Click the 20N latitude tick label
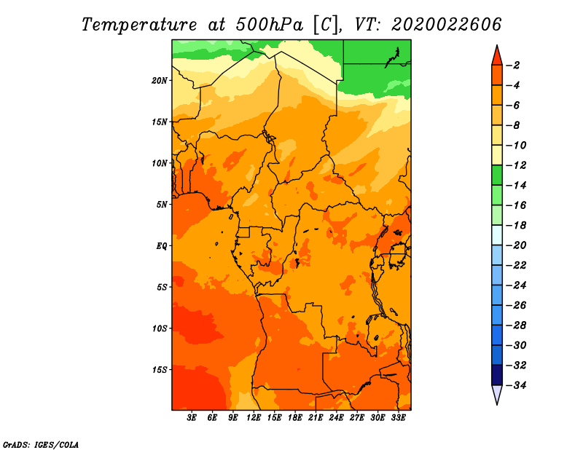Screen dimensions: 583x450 coord(160,81)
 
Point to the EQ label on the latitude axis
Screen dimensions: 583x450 coord(161,246)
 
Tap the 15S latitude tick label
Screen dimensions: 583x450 coord(160,370)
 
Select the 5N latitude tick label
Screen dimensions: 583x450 coord(162,205)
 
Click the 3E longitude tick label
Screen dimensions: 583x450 coord(192,417)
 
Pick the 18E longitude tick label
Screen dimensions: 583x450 coord(295,417)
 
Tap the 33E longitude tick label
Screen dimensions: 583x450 coord(398,417)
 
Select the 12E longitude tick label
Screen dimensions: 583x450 coord(254,417)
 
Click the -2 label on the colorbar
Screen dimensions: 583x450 coord(514,66)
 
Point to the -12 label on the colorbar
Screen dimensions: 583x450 coord(517,165)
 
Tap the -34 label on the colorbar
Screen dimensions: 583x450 coord(517,385)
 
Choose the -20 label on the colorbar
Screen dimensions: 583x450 coord(517,245)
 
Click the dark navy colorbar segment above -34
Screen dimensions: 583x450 coord(497,375)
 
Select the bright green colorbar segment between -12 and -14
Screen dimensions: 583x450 coord(497,175)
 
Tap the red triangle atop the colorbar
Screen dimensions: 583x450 coord(497,56)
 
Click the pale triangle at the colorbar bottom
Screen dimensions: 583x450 coord(497,394)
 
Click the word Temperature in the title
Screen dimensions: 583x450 coord(138,25)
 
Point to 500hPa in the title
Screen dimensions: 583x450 coord(270,25)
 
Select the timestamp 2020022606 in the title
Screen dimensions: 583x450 coord(446,25)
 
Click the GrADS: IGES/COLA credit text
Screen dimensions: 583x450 coord(41,444)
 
